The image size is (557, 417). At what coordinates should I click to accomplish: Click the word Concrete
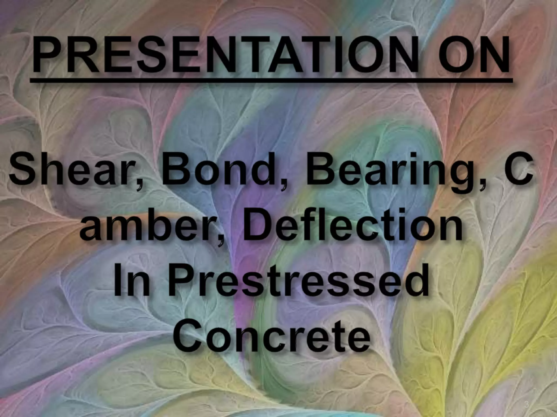272,337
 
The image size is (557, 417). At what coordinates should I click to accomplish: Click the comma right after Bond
283,185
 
